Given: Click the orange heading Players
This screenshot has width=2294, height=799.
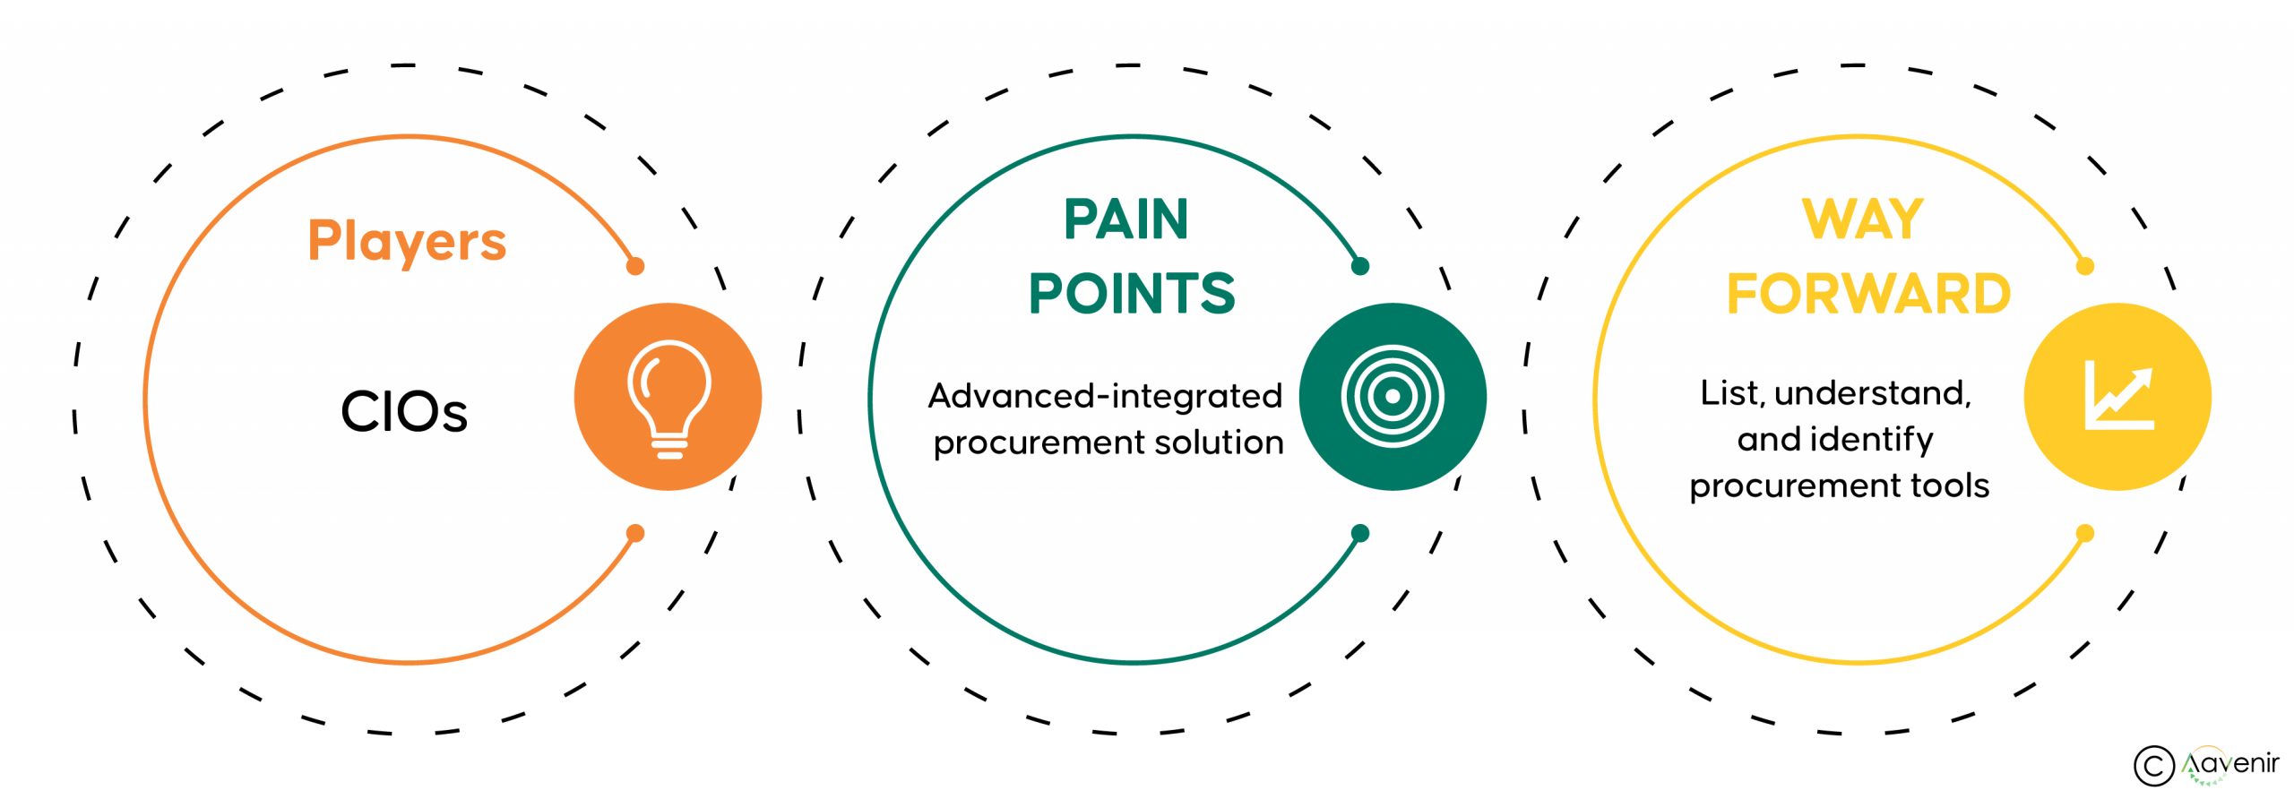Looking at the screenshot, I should pyautogui.click(x=407, y=241).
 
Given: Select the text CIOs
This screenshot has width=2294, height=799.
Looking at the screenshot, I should pyautogui.click(x=404, y=412).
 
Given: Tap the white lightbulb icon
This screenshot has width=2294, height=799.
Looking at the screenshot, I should pyautogui.click(x=668, y=398).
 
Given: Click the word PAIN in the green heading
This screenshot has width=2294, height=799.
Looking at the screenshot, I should pyautogui.click(x=1125, y=219).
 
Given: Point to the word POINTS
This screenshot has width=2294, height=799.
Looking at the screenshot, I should pyautogui.click(x=1132, y=293).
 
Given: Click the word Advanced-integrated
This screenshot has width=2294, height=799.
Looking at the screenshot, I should pyautogui.click(x=1105, y=396).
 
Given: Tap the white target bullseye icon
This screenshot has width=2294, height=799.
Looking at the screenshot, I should pyautogui.click(x=1393, y=396).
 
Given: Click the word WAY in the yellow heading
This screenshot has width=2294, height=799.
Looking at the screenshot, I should pyautogui.click(x=1863, y=219).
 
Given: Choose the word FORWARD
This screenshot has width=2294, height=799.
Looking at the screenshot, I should pyautogui.click(x=1868, y=294).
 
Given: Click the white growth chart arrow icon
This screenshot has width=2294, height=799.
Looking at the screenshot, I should pyautogui.click(x=2118, y=396).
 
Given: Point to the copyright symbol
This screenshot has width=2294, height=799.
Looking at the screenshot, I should pyautogui.click(x=2153, y=766).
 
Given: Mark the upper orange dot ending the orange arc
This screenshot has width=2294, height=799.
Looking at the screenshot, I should pyautogui.click(x=635, y=266).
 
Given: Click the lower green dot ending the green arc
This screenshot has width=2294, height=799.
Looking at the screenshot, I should pyautogui.click(x=1360, y=534).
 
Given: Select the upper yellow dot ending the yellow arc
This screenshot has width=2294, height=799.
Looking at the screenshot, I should pyautogui.click(x=2085, y=266).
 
